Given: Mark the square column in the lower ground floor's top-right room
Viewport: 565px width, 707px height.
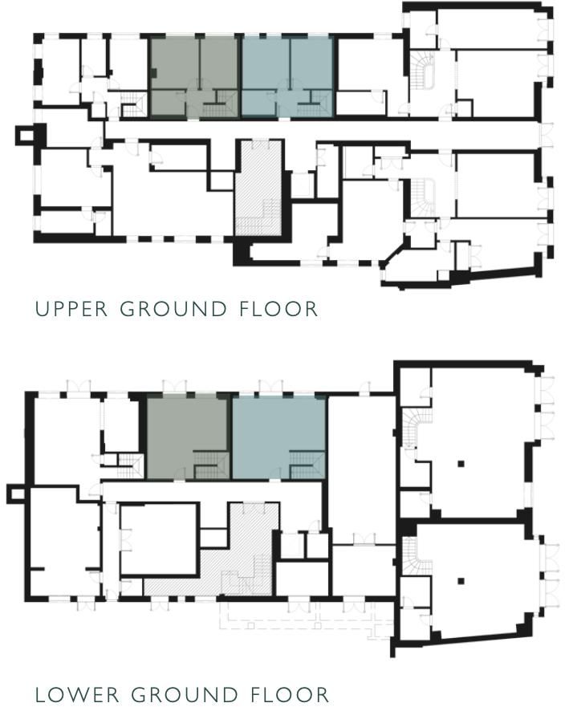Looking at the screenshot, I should tap(463, 463).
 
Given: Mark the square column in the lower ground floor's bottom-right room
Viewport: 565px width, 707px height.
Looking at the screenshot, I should tap(463, 579).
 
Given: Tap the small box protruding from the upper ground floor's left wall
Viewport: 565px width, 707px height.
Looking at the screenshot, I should tap(26, 134).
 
